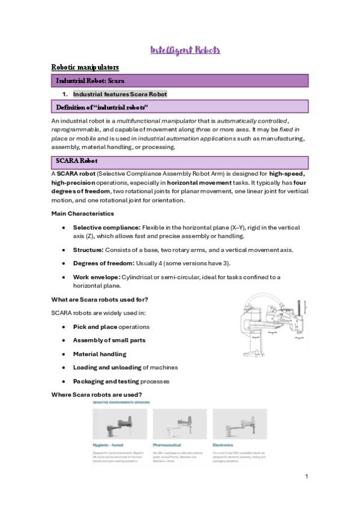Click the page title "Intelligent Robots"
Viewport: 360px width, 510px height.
click(x=185, y=50)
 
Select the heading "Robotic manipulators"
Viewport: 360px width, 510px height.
click(x=85, y=67)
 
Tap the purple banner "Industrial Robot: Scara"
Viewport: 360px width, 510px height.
click(x=90, y=80)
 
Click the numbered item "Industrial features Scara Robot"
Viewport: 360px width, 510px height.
click(x=120, y=94)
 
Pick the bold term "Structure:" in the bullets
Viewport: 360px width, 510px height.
click(x=88, y=250)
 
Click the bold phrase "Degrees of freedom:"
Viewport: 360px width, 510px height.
click(x=103, y=263)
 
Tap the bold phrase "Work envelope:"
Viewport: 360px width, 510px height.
click(x=97, y=277)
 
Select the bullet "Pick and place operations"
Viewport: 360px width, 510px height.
click(x=111, y=327)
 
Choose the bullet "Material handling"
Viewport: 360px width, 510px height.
click(x=100, y=354)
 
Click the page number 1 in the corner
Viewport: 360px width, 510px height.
click(x=306, y=477)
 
